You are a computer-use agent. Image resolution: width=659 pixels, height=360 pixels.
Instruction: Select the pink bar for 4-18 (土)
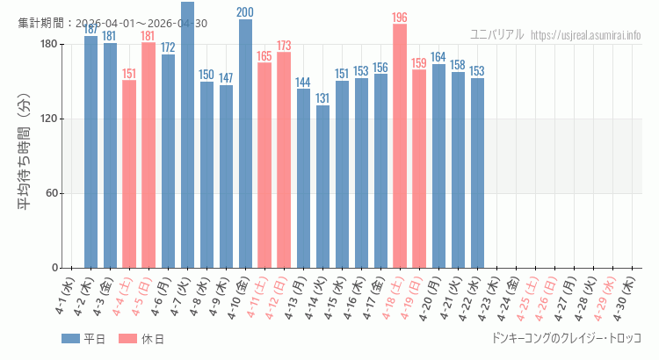pos(400,146)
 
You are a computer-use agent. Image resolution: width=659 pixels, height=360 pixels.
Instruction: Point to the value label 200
pos(245,12)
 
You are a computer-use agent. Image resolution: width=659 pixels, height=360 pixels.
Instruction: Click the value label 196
pos(400,18)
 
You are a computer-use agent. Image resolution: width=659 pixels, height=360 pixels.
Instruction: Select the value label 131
pos(322,98)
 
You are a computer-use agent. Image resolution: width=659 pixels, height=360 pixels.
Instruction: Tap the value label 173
pos(284,46)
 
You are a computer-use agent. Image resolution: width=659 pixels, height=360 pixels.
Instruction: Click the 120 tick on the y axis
pos(49,119)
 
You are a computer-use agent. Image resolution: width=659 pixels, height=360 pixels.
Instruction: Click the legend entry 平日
pos(84,339)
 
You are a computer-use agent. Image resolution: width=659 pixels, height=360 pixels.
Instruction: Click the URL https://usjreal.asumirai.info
pos(586,35)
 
